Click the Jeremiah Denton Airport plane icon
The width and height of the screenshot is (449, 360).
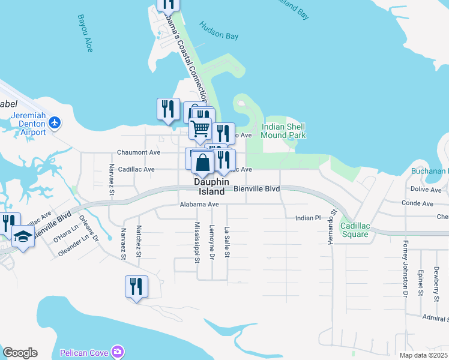(55, 122)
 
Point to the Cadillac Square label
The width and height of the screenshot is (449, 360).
(354, 230)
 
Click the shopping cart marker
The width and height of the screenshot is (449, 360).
(200, 128)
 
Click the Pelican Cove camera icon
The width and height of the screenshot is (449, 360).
(118, 351)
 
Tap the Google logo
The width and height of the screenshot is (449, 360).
(20, 353)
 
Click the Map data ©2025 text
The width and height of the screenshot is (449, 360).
(423, 355)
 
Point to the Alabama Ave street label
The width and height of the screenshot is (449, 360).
(199, 205)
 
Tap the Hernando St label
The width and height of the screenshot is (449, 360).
(330, 228)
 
